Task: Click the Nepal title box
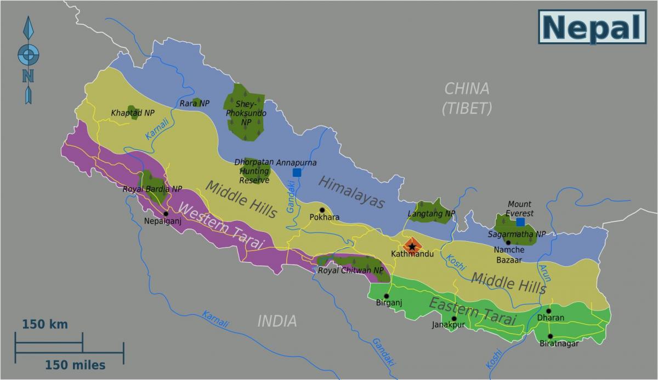pos(593,27)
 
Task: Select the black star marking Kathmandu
pos(412,247)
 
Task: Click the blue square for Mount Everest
pos(520,222)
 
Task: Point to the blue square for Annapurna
pos(297,172)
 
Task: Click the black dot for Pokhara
pos(322,210)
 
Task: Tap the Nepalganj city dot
pos(166,214)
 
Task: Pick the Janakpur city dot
pos(454,318)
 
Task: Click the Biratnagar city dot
pos(550,336)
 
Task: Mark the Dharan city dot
pos(548,311)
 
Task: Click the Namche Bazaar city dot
pos(508,242)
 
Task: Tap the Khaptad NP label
pos(133,113)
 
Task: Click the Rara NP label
pos(195,103)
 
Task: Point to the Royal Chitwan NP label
pos(351,270)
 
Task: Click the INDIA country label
pos(277,321)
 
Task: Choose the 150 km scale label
pos(45,324)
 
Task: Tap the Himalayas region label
pos(351,192)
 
